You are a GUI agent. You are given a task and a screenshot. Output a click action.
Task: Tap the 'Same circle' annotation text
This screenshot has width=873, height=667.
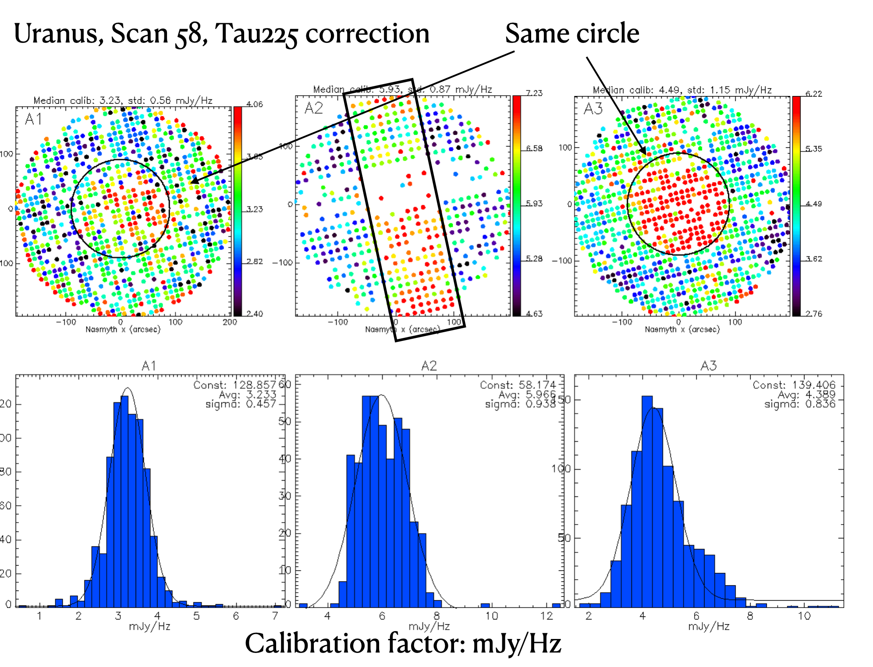(x=572, y=34)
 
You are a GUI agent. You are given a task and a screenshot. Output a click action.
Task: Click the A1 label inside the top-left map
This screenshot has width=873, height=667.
(x=34, y=119)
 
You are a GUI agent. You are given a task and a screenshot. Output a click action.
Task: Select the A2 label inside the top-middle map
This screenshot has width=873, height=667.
(x=314, y=108)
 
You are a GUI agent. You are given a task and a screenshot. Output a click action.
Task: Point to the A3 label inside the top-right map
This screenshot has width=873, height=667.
(x=593, y=109)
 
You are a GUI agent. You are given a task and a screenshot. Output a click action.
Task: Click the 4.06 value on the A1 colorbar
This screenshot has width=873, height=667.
(x=254, y=104)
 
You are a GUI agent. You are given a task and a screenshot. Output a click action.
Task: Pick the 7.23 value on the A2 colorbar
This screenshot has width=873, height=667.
(x=534, y=93)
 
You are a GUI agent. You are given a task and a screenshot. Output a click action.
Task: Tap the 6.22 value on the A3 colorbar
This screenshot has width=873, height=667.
(x=814, y=93)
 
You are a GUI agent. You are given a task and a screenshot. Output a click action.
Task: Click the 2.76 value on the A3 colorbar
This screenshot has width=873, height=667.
(x=814, y=313)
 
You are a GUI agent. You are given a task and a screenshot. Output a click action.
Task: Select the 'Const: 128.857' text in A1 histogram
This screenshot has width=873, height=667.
(x=235, y=385)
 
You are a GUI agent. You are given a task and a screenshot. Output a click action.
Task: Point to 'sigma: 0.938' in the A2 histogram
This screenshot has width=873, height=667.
(x=520, y=404)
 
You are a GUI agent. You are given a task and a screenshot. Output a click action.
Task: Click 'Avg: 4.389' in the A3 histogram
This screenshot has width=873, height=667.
(x=806, y=394)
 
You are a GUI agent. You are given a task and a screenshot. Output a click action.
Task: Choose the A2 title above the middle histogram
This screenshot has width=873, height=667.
(x=429, y=366)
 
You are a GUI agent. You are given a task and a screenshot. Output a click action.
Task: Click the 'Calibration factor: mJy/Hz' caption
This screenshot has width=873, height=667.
(x=403, y=643)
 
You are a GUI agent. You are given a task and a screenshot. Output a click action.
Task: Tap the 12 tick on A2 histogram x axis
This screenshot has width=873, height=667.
(x=547, y=616)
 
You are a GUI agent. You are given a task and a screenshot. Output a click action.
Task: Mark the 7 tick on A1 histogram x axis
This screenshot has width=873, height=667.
(x=275, y=616)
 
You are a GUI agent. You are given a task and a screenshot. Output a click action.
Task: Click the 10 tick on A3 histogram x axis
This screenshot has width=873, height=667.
(x=804, y=616)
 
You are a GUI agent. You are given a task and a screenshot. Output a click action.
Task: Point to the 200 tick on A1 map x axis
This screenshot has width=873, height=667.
(x=229, y=322)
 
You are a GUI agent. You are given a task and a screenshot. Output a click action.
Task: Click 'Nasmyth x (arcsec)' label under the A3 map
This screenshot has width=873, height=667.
(x=682, y=329)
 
